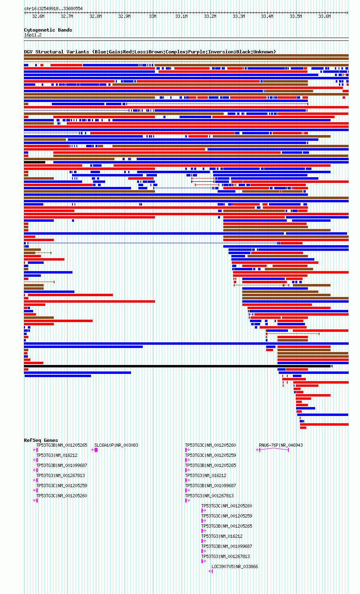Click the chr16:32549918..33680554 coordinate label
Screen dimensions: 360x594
[x=53, y=8]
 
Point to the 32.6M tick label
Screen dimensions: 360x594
[x=38, y=16]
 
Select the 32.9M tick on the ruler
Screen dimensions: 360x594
[x=124, y=16]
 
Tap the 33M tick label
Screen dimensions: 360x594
[x=152, y=16]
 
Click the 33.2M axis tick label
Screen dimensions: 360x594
[x=210, y=16]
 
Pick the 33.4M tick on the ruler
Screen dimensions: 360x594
[x=267, y=16]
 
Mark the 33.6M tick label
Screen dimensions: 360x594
[x=324, y=16]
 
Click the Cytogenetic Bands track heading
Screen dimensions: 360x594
[x=48, y=30]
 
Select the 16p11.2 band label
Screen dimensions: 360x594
[x=33, y=35]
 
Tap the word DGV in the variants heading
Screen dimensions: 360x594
[x=28, y=52]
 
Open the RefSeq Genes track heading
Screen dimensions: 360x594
[x=41, y=440]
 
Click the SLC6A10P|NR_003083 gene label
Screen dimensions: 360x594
[x=116, y=445]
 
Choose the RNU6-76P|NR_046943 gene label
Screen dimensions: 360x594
[x=281, y=445]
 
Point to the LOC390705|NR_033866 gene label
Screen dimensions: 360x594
[x=235, y=566]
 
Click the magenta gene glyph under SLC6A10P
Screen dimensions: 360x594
[x=95, y=450]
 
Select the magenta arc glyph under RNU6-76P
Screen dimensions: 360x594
[x=273, y=449]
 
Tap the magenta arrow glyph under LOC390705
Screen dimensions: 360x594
[x=211, y=571]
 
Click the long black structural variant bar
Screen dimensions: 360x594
[x=178, y=366]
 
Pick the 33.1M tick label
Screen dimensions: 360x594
[x=181, y=16]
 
